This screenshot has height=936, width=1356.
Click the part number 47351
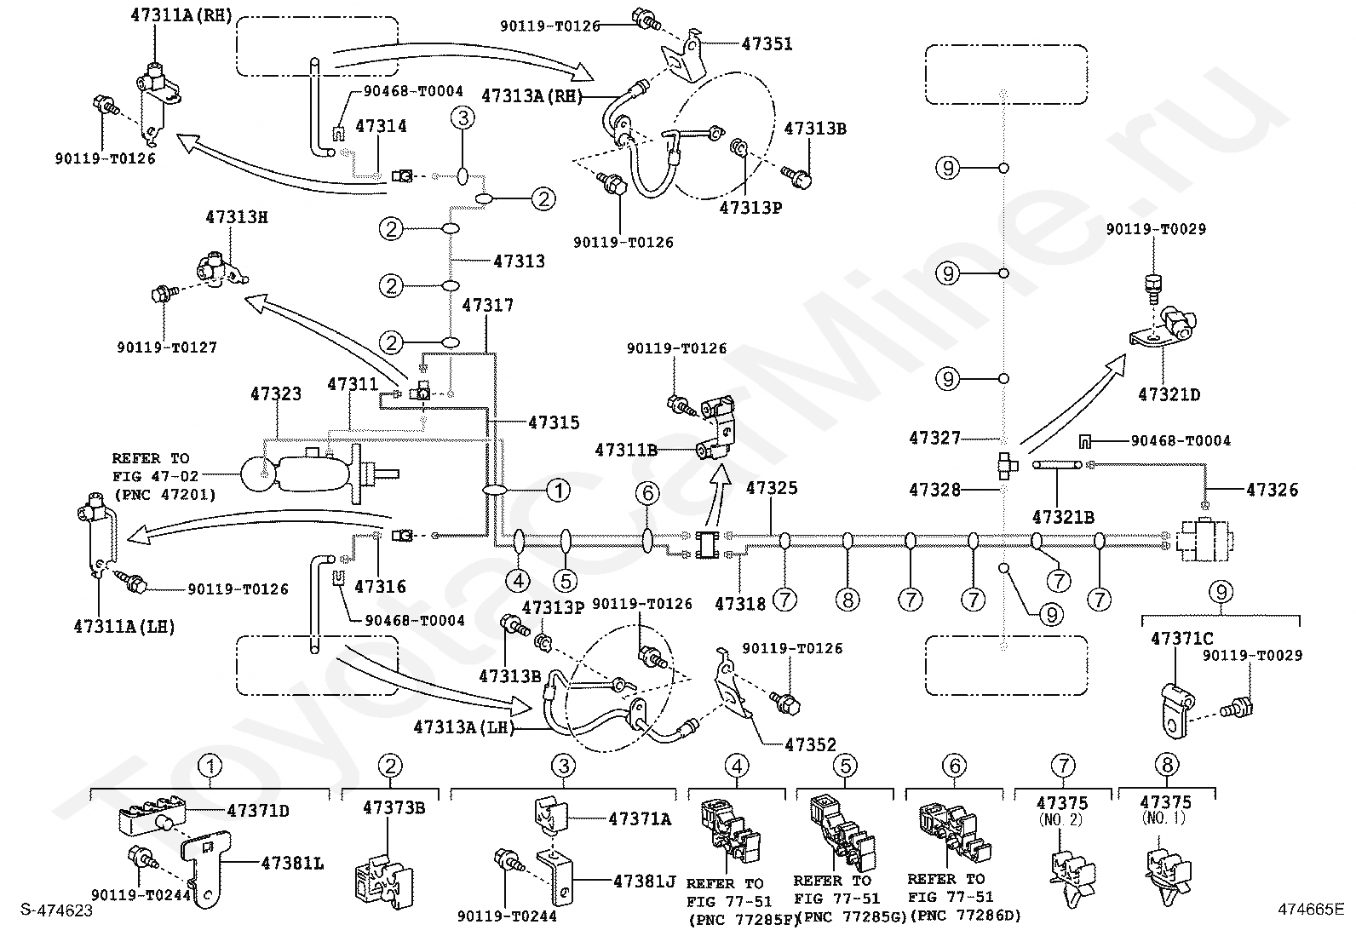pyautogui.click(x=767, y=44)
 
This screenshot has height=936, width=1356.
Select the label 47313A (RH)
pyautogui.click(x=532, y=96)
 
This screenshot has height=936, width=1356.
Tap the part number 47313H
pyautogui.click(x=237, y=217)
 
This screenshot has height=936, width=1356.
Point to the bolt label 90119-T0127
pyautogui.click(x=167, y=347)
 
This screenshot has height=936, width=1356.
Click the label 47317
pyautogui.click(x=488, y=305)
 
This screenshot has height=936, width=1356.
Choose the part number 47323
pyautogui.click(x=276, y=394)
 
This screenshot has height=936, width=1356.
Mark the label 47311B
pyautogui.click(x=626, y=450)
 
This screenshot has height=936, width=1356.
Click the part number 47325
pyautogui.click(x=772, y=488)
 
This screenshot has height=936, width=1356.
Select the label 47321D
pyautogui.click(x=1169, y=394)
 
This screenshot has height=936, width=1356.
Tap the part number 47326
pyautogui.click(x=1273, y=490)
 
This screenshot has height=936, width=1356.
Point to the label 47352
pyautogui.click(x=811, y=744)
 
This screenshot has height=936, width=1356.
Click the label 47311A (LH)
pyautogui.click(x=124, y=627)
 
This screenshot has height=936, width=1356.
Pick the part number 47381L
pyautogui.click(x=292, y=864)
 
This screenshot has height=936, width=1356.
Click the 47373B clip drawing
pyautogui.click(x=383, y=881)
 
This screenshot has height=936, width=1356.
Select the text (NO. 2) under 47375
pyautogui.click(x=1062, y=820)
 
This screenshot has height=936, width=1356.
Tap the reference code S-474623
pyautogui.click(x=57, y=910)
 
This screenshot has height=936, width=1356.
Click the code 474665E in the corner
pyautogui.click(x=1311, y=909)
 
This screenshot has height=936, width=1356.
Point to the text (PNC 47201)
pyautogui.click(x=164, y=494)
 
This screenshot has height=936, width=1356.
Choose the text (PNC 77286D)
pyautogui.click(x=965, y=916)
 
